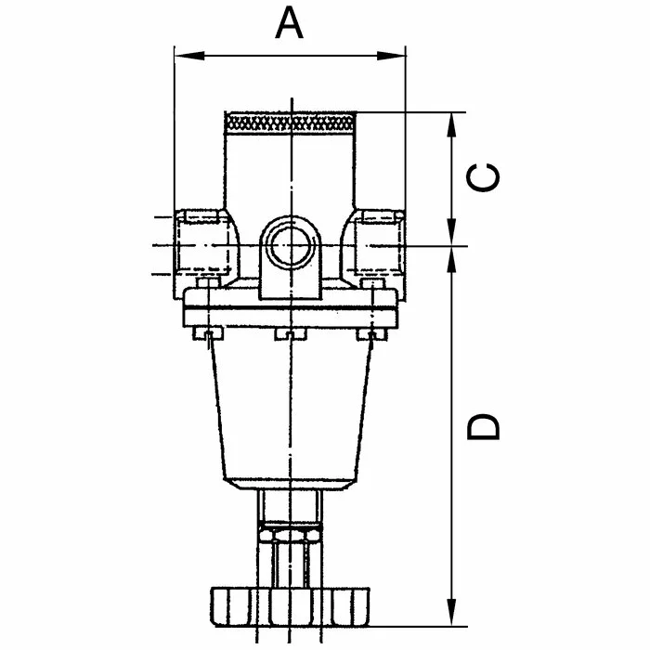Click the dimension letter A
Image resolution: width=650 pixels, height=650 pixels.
pos(289,24)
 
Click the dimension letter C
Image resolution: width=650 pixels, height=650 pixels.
pos(483,177)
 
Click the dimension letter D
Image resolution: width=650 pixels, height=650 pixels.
pos(484,426)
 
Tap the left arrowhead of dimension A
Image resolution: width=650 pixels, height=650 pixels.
pos(189,56)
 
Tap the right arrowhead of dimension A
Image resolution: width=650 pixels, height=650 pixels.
pos(391,56)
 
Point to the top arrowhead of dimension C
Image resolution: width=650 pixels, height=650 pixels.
pos(452,126)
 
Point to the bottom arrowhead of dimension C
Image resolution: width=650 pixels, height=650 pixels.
pos(452,232)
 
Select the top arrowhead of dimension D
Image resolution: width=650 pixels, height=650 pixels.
pos(452,260)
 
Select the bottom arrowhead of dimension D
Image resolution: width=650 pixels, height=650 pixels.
pos(452,612)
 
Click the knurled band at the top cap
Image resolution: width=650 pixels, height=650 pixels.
pos(290,123)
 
